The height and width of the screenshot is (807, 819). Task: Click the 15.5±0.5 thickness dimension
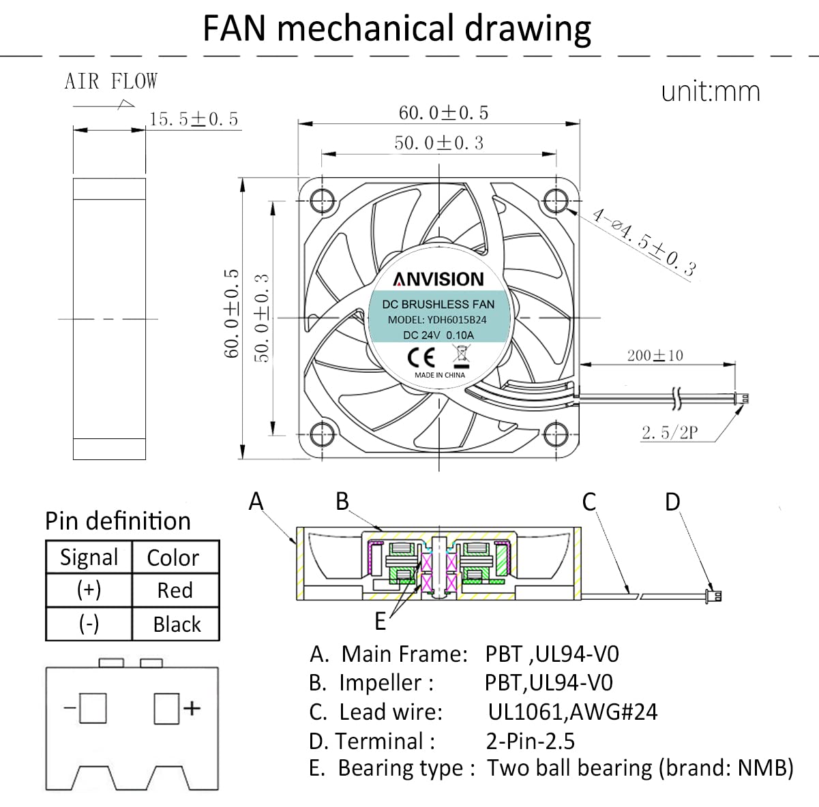tap(194, 119)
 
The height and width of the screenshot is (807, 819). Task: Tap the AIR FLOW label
tap(110, 82)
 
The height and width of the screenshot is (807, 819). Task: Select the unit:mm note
tap(710, 91)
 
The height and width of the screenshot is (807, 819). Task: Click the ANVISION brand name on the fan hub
tap(438, 279)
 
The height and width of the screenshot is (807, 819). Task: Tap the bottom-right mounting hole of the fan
tap(556, 433)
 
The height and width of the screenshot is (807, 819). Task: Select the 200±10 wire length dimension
tap(655, 355)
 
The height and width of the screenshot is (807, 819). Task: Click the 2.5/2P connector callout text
tap(669, 432)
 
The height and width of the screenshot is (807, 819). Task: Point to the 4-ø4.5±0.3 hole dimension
tap(644, 243)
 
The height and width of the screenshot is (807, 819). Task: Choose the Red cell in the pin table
tap(175, 590)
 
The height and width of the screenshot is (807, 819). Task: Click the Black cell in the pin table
tap(177, 624)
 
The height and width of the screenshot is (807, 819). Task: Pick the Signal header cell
tap(89, 558)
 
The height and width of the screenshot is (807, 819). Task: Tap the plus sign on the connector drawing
tap(192, 708)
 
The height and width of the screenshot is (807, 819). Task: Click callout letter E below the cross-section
tap(381, 621)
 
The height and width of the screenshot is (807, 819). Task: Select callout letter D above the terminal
tap(672, 502)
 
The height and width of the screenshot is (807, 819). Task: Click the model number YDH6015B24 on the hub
tap(457, 320)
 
